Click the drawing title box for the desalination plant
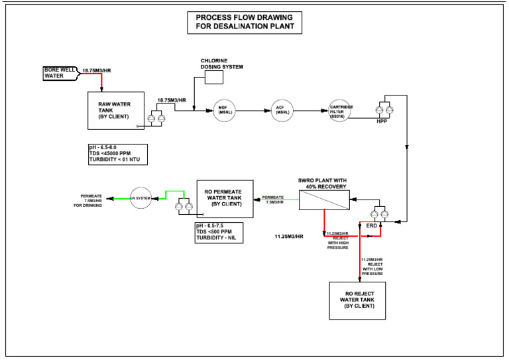245,23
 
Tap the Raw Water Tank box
115,110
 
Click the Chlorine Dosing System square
214,78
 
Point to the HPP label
381,122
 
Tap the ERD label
372,226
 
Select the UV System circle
141,198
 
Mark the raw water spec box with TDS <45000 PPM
117,154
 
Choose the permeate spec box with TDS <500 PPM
218,232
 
